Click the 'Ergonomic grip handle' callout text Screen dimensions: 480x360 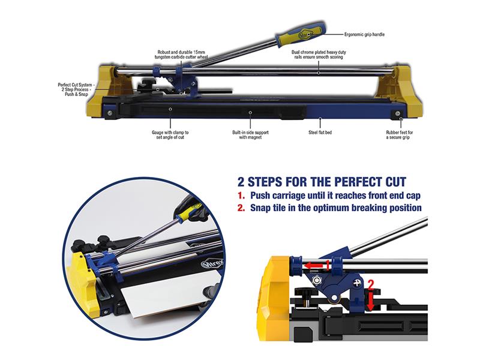pyautogui.click(x=364, y=35)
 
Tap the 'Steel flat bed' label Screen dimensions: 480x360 pyautogui.click(x=320, y=133)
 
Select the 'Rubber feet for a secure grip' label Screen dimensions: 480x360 pyautogui.click(x=399, y=135)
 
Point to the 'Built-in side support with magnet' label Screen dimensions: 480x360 pyautogui.click(x=250, y=135)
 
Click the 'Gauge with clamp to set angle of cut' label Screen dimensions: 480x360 pyautogui.click(x=170, y=135)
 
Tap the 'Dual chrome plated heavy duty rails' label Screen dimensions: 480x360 pyautogui.click(x=319, y=55)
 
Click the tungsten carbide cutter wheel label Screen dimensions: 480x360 pyautogui.click(x=181, y=55)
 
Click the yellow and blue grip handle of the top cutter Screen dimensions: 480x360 pyautogui.click(x=301, y=35)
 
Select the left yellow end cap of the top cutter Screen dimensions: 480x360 pyautogui.click(x=107, y=92)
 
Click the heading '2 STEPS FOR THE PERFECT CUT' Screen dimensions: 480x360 pyautogui.click(x=322, y=182)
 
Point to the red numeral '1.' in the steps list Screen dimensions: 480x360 pyautogui.click(x=241, y=196)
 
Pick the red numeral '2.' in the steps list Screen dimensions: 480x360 pyautogui.click(x=241, y=208)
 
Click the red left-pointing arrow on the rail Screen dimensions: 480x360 pyautogui.click(x=313, y=266)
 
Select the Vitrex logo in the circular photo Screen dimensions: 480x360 pyautogui.click(x=212, y=263)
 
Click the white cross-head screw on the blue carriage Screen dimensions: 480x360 pyautogui.click(x=357, y=283)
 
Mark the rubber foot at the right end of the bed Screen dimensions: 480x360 pyautogui.click(x=398, y=114)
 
